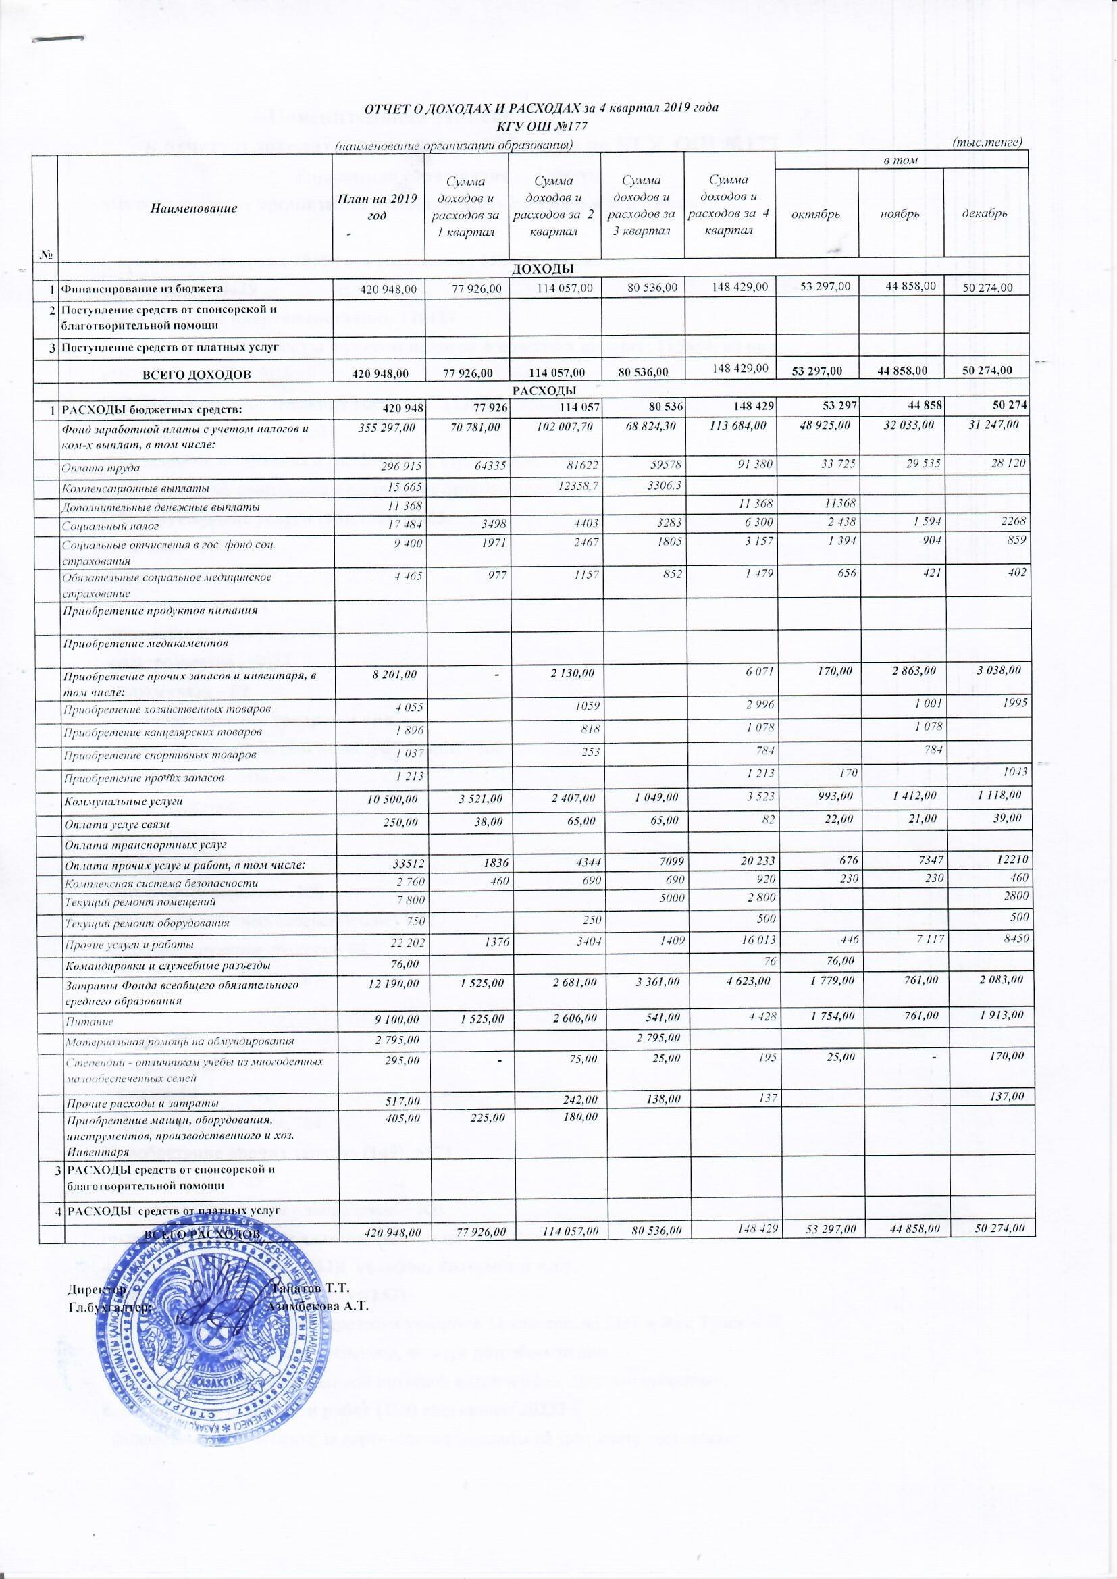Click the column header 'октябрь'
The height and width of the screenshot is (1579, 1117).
pyautogui.click(x=816, y=213)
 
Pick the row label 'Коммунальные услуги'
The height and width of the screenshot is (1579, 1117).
pyautogui.click(x=123, y=801)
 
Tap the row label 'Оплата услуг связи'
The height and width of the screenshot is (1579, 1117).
pyautogui.click(x=116, y=824)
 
